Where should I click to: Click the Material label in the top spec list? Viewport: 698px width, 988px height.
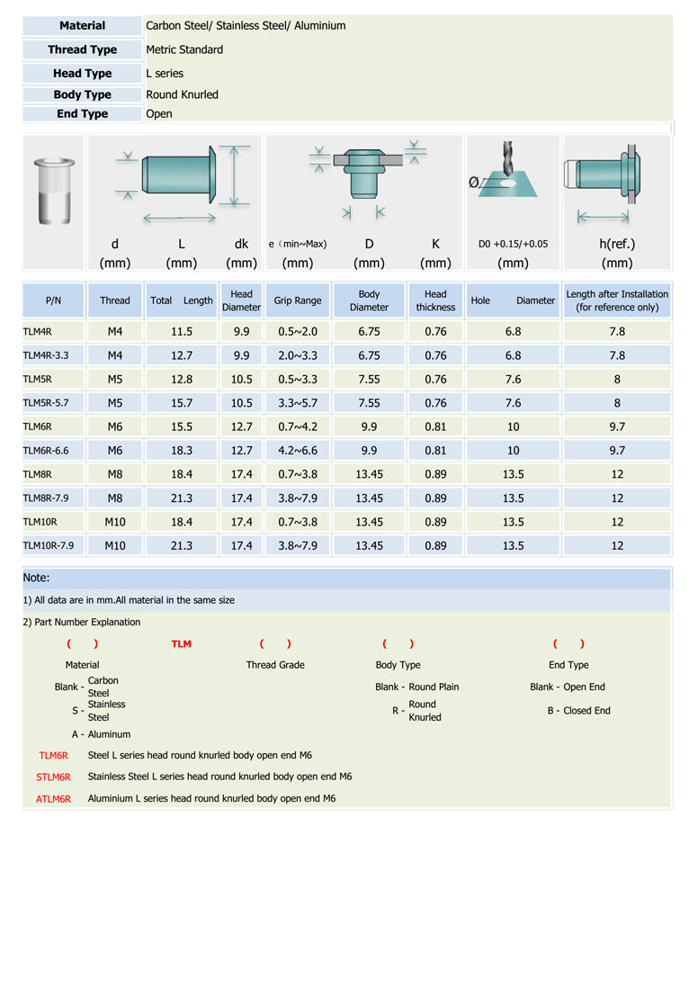point(82,26)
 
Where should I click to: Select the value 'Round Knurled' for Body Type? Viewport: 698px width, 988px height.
point(182,94)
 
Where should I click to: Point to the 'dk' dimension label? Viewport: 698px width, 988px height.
point(241,244)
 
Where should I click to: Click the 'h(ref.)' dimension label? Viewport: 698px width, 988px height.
point(617,244)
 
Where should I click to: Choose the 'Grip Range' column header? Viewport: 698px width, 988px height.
point(298,301)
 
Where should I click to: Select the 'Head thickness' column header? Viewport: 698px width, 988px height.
point(435,301)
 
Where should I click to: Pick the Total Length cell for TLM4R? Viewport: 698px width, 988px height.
point(182,332)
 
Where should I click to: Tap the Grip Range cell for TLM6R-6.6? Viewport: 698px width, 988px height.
point(298,451)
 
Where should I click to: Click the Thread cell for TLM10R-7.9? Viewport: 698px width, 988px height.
point(115,545)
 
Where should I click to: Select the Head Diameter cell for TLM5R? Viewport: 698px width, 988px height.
point(241,380)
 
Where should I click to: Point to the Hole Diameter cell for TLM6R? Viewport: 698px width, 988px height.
point(513,427)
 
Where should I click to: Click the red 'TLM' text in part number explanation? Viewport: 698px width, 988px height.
point(181,644)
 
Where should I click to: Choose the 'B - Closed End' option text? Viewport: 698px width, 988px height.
point(578,711)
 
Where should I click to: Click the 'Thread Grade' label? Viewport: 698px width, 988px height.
point(275,665)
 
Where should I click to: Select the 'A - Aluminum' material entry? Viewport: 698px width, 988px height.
point(102,734)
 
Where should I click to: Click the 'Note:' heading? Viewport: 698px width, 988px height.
point(37,578)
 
